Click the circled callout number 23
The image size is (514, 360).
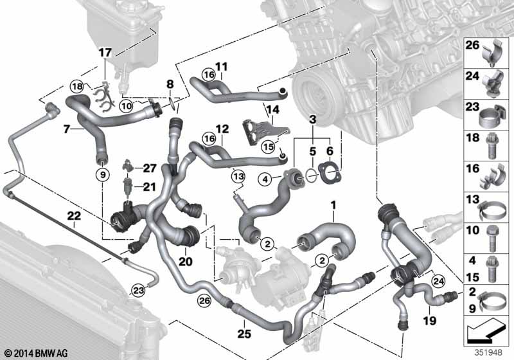139,290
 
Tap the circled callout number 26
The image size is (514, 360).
204,301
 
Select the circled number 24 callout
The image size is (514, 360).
438,281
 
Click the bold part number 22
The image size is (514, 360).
74,216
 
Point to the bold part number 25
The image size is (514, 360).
244,334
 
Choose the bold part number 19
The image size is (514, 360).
429,320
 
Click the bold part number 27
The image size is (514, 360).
150,168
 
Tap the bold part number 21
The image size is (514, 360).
150,187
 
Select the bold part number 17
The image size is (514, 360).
105,53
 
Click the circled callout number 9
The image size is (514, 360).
103,175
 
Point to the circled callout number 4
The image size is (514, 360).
265,179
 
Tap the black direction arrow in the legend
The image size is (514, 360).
486,332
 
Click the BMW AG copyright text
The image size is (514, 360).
36,353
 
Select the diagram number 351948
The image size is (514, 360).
488,352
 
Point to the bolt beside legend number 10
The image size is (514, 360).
492,238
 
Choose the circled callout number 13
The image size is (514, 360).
238,177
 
